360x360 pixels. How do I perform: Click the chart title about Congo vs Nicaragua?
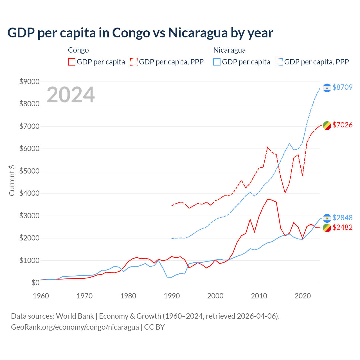click(x=140, y=33)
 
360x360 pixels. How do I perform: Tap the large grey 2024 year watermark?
click(x=71, y=95)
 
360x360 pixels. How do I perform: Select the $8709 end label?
click(x=342, y=87)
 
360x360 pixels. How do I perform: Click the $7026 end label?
click(x=342, y=125)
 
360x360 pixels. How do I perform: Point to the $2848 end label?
click(x=342, y=218)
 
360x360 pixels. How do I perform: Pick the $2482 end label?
click(x=342, y=227)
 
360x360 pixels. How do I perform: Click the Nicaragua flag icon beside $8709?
click(x=327, y=88)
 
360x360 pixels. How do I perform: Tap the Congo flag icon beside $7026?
click(x=327, y=125)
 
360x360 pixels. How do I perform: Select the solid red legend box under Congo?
click(x=72, y=62)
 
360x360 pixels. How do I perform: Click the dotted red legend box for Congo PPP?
click(x=134, y=62)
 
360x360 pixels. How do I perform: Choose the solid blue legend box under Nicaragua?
click(x=217, y=62)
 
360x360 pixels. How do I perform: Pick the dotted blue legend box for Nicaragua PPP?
click(x=279, y=62)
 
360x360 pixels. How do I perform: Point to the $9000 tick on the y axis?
click(x=29, y=82)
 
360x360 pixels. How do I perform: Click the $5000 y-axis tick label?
click(x=29, y=171)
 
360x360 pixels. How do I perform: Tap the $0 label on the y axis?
click(x=35, y=283)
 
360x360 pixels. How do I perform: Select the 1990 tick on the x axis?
click(x=172, y=296)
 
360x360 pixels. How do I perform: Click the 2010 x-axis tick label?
click(x=259, y=296)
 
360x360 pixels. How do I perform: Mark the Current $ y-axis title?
click(x=12, y=181)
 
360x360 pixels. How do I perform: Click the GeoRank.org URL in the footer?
click(x=75, y=327)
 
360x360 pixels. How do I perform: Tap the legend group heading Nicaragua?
click(x=229, y=50)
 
